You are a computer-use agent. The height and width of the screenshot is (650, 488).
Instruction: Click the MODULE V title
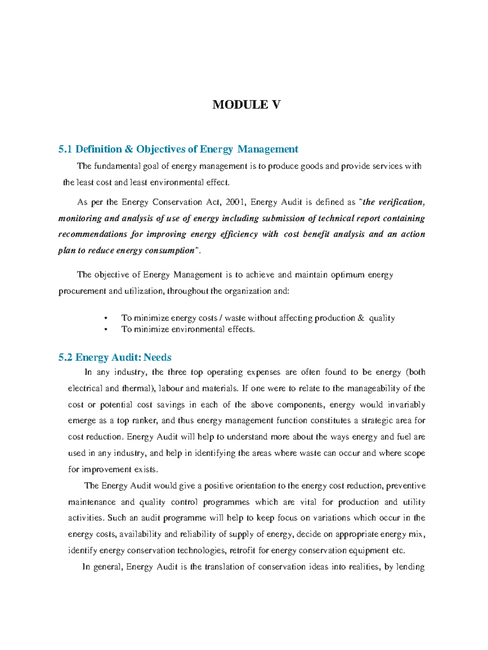tap(246, 105)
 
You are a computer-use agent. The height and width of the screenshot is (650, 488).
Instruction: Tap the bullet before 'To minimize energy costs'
tap(106, 318)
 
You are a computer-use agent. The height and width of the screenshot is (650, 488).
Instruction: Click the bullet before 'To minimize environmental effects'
tap(106, 329)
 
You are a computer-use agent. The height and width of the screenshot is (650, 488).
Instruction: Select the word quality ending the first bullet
tap(381, 318)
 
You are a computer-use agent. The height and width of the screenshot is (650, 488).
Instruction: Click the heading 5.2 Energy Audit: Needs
tap(115, 357)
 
